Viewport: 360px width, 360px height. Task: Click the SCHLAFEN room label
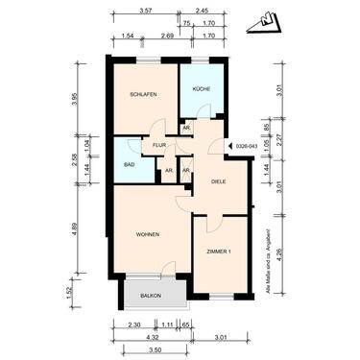pos(143,94)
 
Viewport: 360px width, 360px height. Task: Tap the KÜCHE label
pos(201,88)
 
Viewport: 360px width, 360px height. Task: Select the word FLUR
pos(159,145)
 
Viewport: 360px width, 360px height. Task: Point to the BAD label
pos(130,164)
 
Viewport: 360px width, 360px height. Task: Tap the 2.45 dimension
pos(203,11)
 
